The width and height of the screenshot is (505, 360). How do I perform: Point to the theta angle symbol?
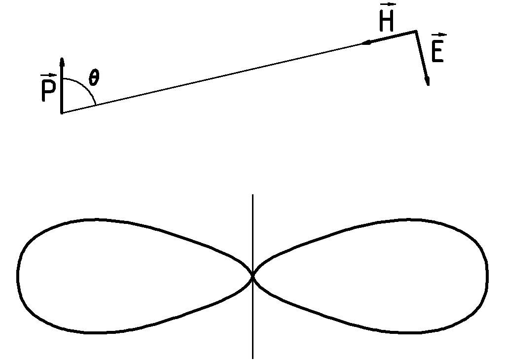pos(93,77)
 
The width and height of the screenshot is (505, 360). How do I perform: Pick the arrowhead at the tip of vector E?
pos(427,81)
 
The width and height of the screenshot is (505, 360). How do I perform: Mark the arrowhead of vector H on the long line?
pos(365,43)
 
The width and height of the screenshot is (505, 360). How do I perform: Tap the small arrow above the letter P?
pos(48,75)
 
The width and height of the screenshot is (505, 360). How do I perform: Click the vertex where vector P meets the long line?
pos(62,113)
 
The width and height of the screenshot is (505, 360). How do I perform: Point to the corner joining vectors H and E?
pos(416,32)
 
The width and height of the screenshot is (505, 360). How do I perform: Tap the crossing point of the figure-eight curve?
pos(252,277)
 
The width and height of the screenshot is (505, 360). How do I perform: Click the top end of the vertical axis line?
pos(252,195)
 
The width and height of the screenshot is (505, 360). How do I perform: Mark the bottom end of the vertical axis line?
pos(252,358)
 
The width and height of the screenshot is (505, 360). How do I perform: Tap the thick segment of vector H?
pos(392,37)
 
